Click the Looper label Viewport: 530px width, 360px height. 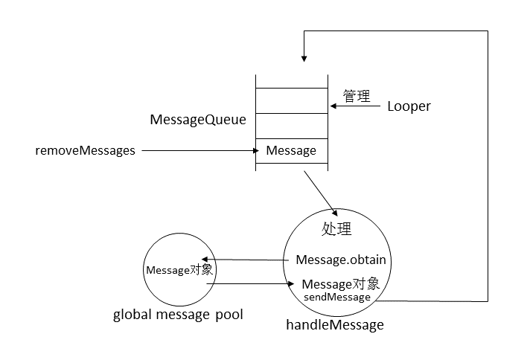click(x=409, y=106)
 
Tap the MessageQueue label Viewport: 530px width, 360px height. click(x=198, y=120)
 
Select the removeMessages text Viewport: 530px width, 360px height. click(x=86, y=150)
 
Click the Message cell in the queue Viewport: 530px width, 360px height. click(x=291, y=150)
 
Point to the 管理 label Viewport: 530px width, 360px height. click(x=357, y=96)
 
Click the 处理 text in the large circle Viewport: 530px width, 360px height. click(x=336, y=229)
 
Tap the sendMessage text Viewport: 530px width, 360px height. click(x=336, y=297)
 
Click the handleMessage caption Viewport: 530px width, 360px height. click(x=335, y=325)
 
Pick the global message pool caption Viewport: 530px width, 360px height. click(x=178, y=315)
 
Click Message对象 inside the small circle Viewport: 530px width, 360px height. click(x=179, y=270)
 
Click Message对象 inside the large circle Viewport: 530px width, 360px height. click(x=341, y=284)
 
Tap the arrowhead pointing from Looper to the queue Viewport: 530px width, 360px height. click(x=333, y=106)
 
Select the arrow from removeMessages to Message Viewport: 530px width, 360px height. click(x=197, y=150)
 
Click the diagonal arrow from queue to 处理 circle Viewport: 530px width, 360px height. click(x=319, y=191)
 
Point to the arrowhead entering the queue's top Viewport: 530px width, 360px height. click(x=303, y=57)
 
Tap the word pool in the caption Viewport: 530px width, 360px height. click(x=229, y=315)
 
